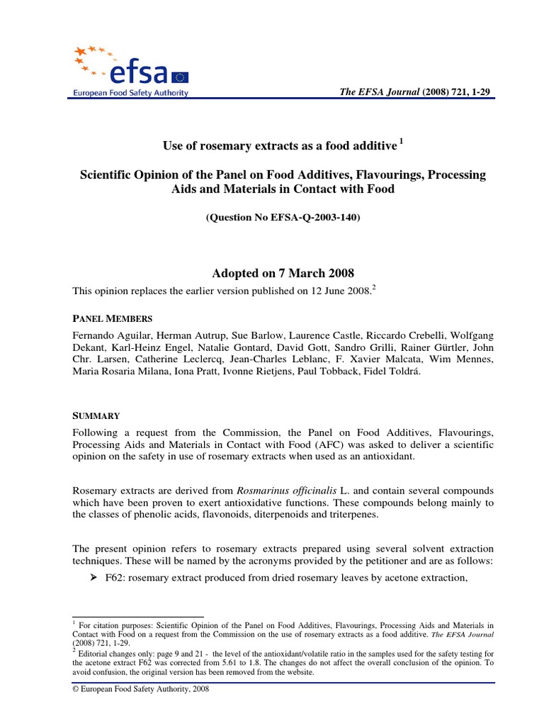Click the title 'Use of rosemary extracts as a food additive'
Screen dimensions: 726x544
coord(279,145)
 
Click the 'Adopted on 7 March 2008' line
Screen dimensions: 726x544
coord(283,273)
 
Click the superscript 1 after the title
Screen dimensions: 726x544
coord(401,141)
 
